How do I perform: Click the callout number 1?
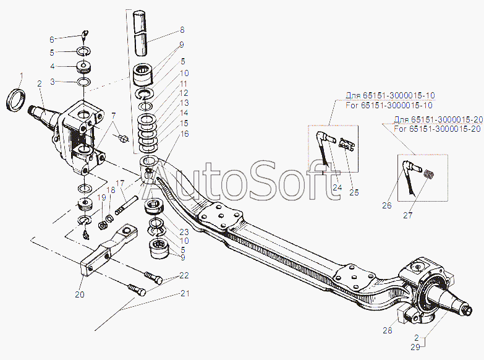(21, 75)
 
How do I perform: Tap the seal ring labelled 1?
(15, 100)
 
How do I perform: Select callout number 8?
(182, 30)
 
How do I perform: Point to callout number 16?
(185, 134)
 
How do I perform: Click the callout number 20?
(80, 294)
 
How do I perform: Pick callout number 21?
(185, 293)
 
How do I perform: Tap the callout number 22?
(184, 275)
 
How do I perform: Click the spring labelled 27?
(429, 174)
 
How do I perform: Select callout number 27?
(408, 215)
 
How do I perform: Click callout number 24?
(338, 187)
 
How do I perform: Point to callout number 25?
(354, 192)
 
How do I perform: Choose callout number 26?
(387, 205)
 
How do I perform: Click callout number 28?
(388, 330)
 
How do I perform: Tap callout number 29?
(415, 347)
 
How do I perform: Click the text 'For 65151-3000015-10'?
(389, 105)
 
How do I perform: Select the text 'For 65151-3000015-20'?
(438, 129)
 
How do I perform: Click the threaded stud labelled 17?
(126, 205)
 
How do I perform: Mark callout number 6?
(52, 40)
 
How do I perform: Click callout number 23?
(184, 232)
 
